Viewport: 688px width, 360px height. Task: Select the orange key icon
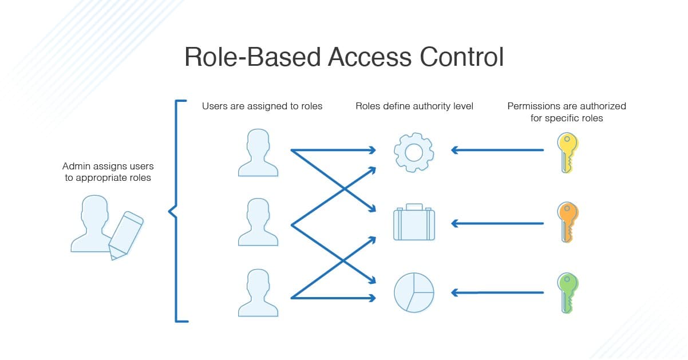click(x=567, y=222)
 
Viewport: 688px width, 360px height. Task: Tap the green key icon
click(x=567, y=292)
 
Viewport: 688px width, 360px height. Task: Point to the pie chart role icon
click(x=414, y=292)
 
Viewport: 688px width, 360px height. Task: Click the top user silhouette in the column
click(x=258, y=153)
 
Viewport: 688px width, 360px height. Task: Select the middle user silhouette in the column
click(x=258, y=223)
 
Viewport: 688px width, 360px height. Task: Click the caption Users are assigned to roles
click(x=262, y=106)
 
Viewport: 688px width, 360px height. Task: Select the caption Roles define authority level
click(x=414, y=106)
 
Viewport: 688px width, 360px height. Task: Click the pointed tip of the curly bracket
click(x=169, y=212)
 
